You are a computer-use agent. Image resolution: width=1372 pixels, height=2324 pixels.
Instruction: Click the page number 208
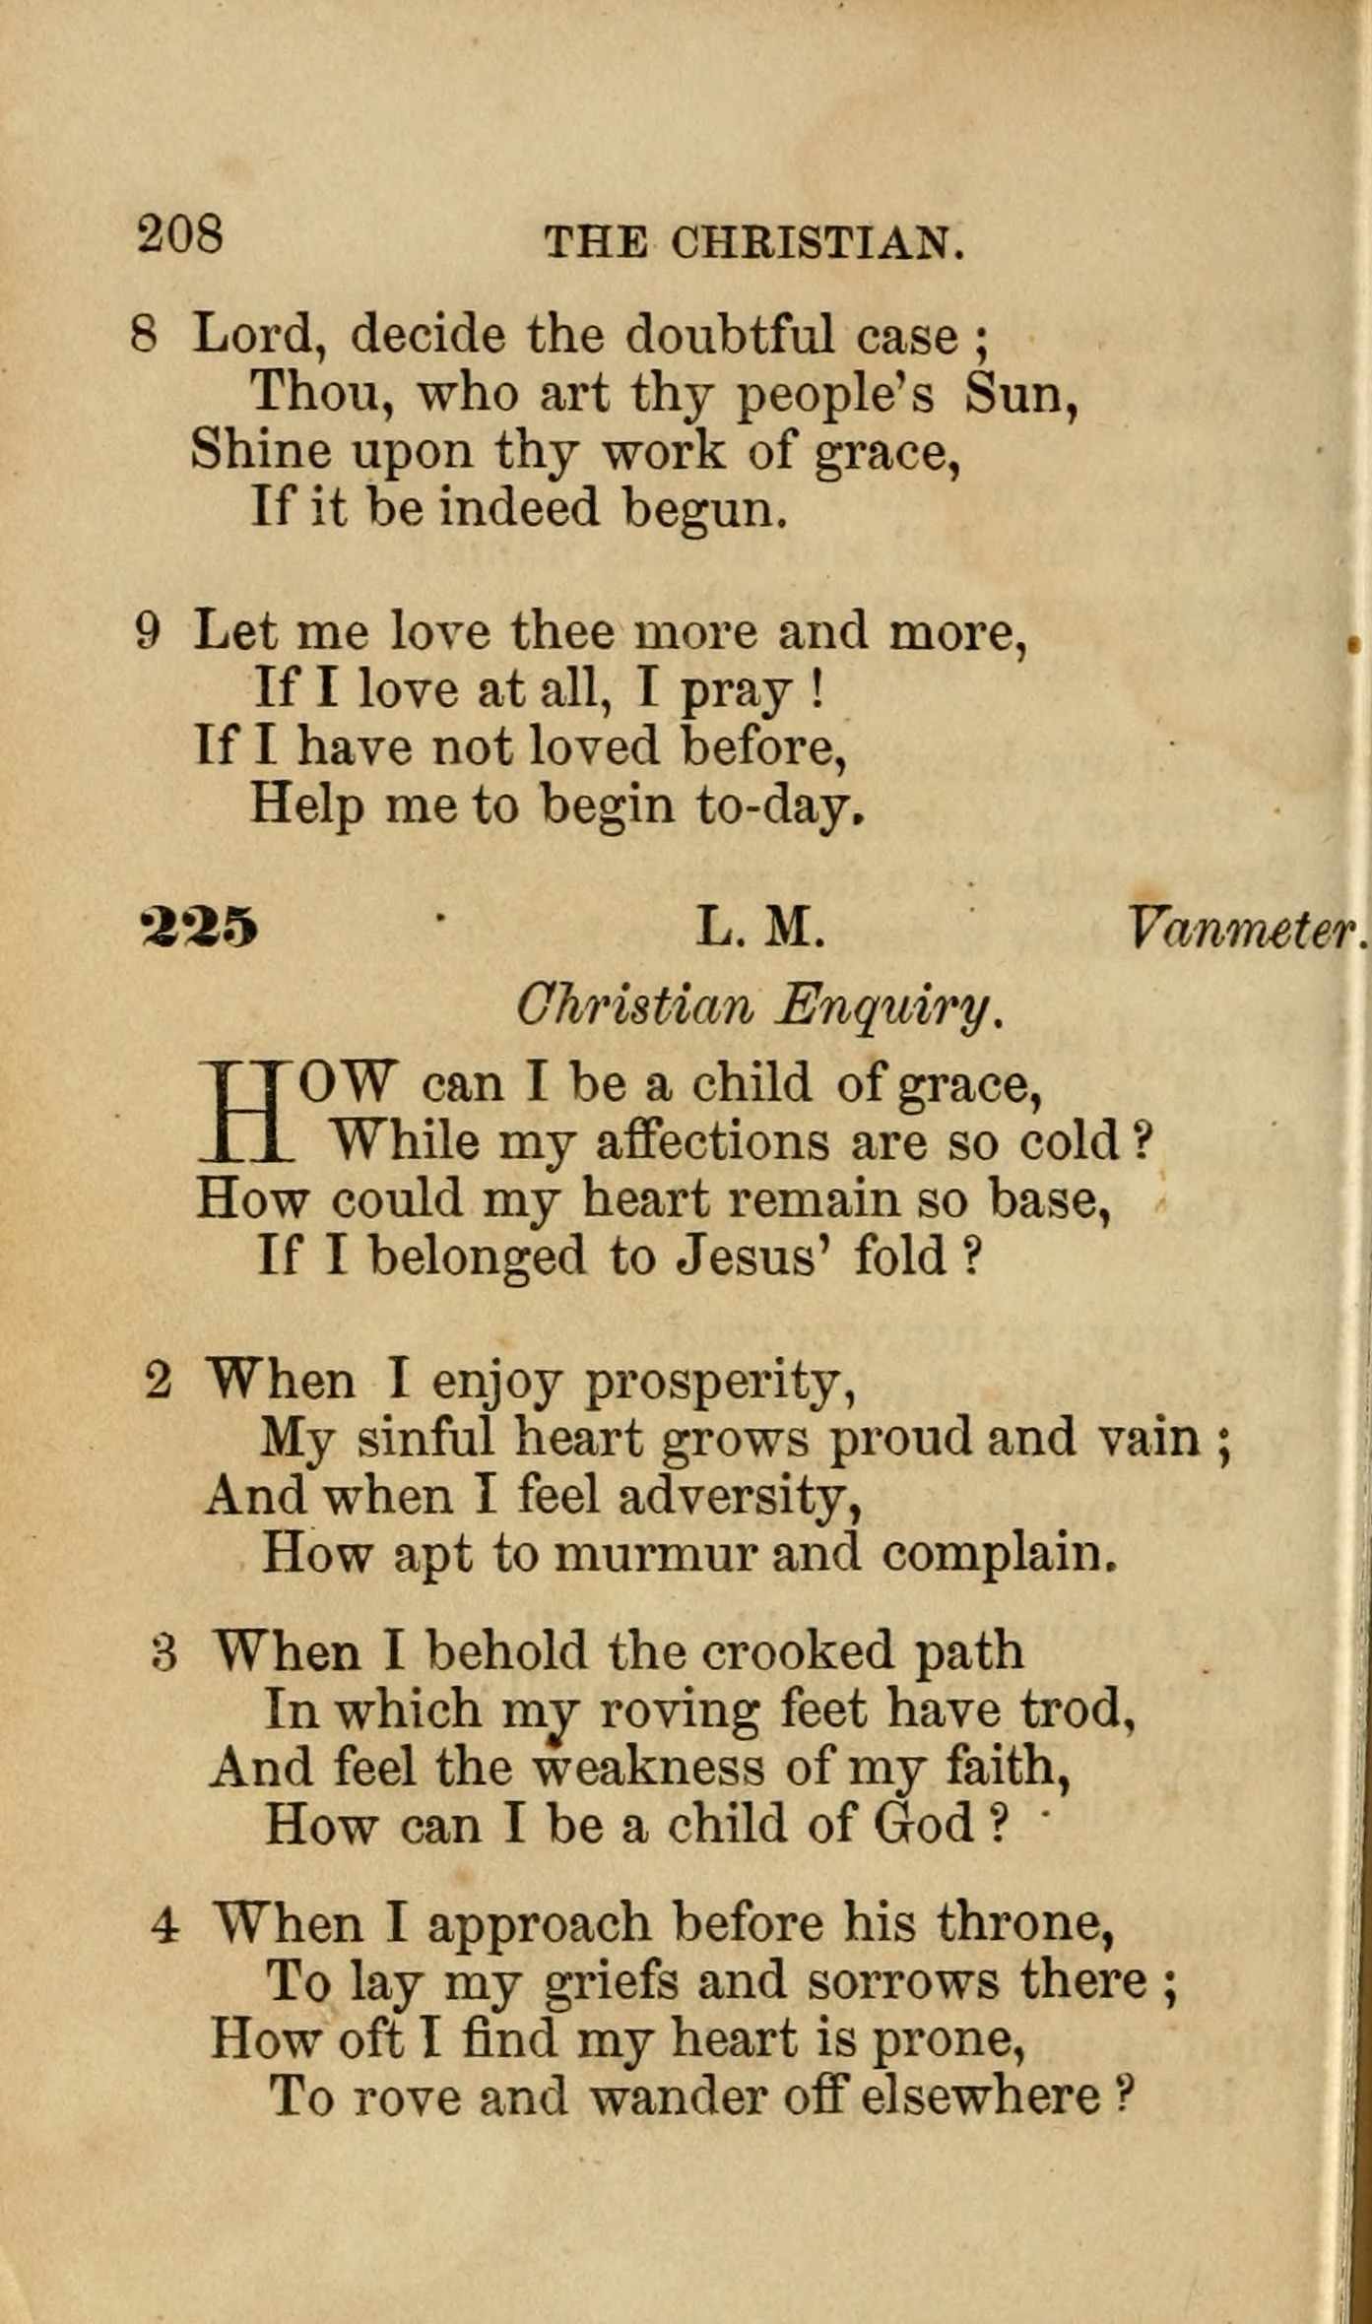[x=180, y=235]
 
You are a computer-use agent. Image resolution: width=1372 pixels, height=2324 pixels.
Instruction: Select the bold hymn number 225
[x=200, y=928]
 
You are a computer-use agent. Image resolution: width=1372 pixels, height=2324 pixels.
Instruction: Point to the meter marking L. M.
[x=759, y=928]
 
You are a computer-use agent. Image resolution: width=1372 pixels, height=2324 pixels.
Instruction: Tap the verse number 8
[x=144, y=335]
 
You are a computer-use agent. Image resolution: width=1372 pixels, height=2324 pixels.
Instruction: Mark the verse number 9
[x=147, y=631]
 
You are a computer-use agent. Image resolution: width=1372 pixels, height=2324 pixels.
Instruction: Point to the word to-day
[x=780, y=807]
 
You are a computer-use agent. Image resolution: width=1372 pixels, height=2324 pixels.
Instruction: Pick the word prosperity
[x=719, y=1383]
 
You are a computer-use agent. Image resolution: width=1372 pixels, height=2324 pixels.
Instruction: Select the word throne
[x=1024, y=1923]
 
